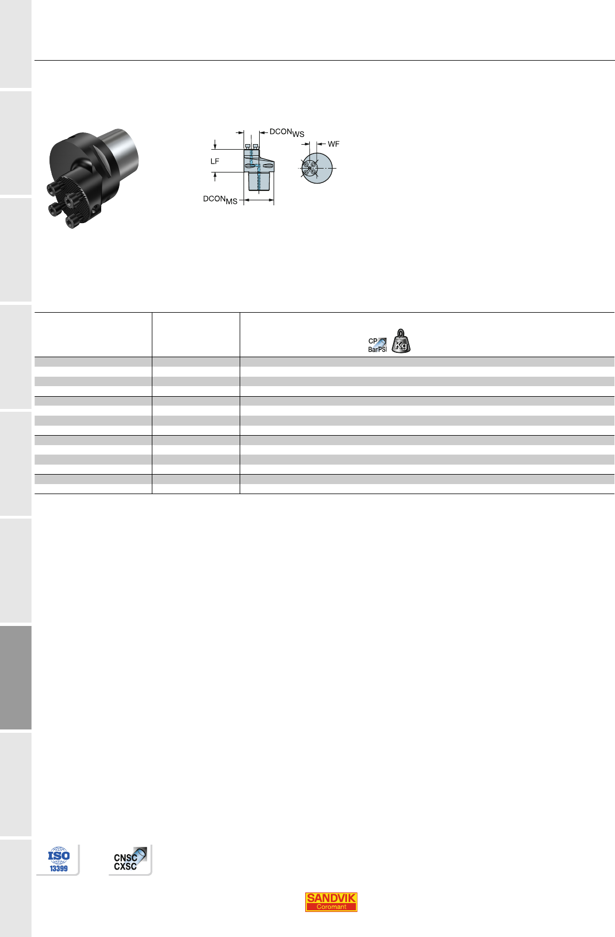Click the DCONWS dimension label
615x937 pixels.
pos(287,132)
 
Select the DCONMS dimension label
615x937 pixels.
pos(220,200)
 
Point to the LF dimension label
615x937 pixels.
pos(215,161)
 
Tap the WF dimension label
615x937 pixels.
pos(334,144)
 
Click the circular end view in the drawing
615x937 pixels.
pos(316,168)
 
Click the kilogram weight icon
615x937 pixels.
pos(401,341)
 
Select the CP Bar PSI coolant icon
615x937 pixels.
pos(378,345)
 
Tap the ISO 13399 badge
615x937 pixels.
pos(58,859)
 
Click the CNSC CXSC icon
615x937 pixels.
pos(130,860)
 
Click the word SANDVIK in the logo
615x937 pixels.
pos(331,897)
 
